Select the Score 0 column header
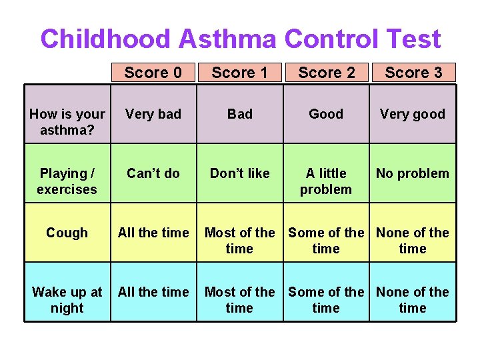pyautogui.click(x=153, y=72)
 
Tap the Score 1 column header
pyautogui.click(x=239, y=72)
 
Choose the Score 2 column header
pyautogui.click(x=326, y=72)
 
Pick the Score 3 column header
pyautogui.click(x=413, y=72)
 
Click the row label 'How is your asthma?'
pyautogui.click(x=67, y=121)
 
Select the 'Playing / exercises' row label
pyautogui.click(x=67, y=181)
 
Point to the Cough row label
pyautogui.click(x=67, y=233)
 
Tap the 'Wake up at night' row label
pyautogui.click(x=67, y=299)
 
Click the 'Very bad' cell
pyautogui.click(x=153, y=114)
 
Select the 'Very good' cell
pyautogui.click(x=413, y=114)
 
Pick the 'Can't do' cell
pyautogui.click(x=153, y=173)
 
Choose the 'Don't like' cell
pyautogui.click(x=239, y=173)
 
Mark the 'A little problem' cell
pyautogui.click(x=326, y=181)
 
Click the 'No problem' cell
pyautogui.click(x=413, y=173)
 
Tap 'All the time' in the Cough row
pyautogui.click(x=153, y=233)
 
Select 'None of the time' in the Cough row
pyautogui.click(x=413, y=240)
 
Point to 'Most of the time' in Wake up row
pyautogui.click(x=239, y=299)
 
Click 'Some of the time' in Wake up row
pyautogui.click(x=326, y=299)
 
